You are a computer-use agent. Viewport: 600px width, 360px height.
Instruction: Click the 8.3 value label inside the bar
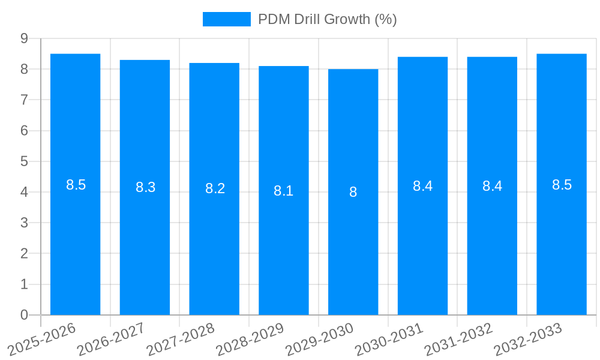(145, 187)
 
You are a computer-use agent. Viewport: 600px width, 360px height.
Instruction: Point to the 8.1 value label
(284, 191)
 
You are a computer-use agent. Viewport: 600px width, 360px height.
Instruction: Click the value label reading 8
(353, 192)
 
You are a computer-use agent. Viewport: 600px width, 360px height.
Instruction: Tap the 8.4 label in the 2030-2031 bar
(422, 186)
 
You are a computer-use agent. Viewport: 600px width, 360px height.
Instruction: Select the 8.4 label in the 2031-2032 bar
(492, 186)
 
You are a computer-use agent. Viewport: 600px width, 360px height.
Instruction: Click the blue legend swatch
(226, 19)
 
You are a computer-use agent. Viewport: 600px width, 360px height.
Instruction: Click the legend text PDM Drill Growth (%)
(328, 19)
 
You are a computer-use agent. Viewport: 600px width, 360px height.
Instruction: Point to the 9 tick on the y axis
(24, 38)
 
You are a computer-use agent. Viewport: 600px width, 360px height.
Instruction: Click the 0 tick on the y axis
(24, 315)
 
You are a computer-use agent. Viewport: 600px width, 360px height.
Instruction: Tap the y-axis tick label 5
(24, 161)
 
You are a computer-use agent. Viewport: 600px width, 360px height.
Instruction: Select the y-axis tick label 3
(24, 223)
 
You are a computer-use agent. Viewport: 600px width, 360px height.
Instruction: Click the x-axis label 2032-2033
(529, 338)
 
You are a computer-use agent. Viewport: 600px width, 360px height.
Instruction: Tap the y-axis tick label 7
(24, 100)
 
